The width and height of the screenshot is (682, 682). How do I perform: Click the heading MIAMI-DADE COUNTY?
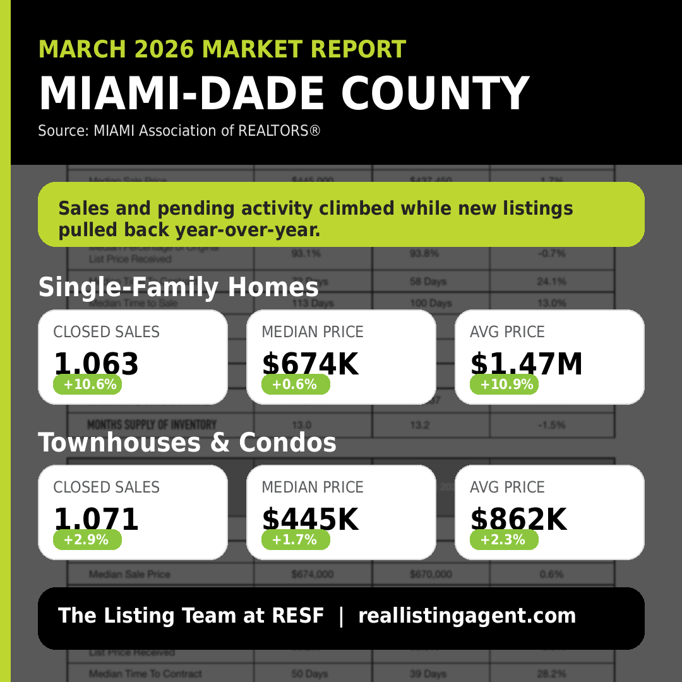tap(284, 93)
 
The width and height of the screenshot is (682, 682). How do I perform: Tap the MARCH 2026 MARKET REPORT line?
tap(222, 49)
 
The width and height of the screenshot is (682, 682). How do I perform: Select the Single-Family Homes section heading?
tap(178, 288)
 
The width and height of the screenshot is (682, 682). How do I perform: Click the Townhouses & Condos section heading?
tap(187, 443)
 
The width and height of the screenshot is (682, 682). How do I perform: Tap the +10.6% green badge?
tap(87, 385)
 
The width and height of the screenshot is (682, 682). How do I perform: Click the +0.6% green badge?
tap(295, 385)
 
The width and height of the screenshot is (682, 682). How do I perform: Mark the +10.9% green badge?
tap(504, 385)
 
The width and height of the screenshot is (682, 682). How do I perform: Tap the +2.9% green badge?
tap(87, 540)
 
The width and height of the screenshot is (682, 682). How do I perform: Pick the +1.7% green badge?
tap(295, 540)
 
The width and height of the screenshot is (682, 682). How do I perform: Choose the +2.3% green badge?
tap(504, 540)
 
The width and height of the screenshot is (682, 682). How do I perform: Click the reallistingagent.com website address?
tap(467, 616)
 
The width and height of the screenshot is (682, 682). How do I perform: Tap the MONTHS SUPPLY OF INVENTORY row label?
tap(152, 425)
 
